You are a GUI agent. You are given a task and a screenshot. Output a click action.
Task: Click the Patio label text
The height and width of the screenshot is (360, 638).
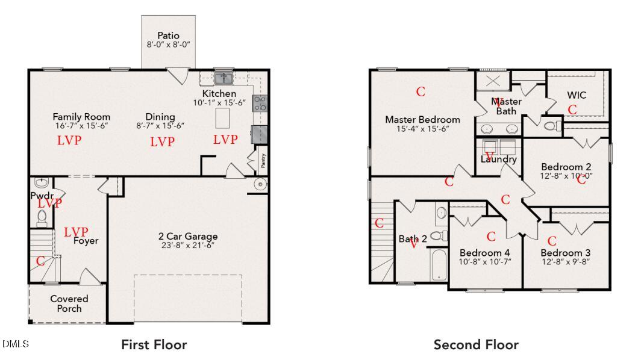coord(168,36)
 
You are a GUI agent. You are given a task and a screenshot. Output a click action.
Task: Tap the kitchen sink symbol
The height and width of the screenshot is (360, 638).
coord(225,78)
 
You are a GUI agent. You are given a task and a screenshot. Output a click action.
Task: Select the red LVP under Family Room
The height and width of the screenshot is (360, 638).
coord(69,141)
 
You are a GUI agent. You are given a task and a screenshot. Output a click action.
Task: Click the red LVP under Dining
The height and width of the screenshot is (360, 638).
coord(162,141)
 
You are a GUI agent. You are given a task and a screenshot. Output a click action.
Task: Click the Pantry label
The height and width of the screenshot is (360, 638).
coord(263,161)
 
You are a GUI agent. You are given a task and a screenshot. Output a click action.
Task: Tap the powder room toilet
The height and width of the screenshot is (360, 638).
coord(42,218)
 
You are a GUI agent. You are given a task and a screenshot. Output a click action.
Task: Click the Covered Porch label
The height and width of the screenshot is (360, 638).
coord(69,303)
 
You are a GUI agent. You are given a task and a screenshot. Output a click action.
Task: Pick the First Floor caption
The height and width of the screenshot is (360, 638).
coord(154,345)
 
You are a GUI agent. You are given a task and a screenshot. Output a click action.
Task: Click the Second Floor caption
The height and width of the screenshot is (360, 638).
coord(476,345)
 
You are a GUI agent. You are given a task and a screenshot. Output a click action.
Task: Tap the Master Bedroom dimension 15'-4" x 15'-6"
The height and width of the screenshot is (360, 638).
coord(422,129)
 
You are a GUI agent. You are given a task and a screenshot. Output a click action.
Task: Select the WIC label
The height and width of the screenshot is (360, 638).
coord(577,95)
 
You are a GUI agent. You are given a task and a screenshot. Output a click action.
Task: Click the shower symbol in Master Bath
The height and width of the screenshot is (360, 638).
coord(493,81)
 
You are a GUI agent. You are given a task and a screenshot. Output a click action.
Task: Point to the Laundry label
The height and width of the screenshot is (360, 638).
coord(498,160)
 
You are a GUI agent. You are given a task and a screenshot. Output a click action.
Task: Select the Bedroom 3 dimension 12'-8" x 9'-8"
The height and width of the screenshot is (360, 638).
coord(565,261)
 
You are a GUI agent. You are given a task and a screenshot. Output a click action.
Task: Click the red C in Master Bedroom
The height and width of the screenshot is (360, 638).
coord(421,92)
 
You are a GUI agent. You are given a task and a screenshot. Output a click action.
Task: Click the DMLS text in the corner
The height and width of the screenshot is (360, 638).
coord(15,344)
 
